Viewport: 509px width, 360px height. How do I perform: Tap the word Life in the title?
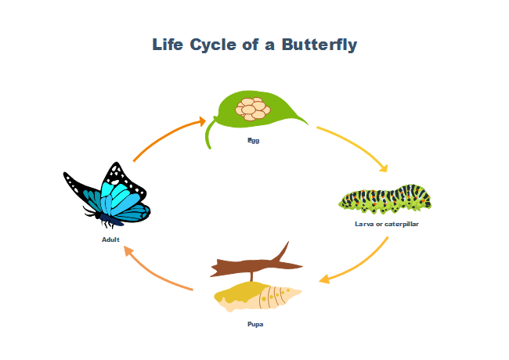pyautogui.click(x=170, y=45)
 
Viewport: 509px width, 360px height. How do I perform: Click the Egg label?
pyautogui.click(x=253, y=141)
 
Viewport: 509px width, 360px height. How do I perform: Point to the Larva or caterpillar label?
pyautogui.click(x=386, y=224)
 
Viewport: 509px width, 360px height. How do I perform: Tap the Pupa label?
pyautogui.click(x=255, y=324)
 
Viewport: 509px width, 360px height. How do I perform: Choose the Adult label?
pyautogui.click(x=110, y=239)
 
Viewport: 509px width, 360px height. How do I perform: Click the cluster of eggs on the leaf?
pyautogui.click(x=254, y=108)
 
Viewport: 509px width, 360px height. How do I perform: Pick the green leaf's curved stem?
pyautogui.click(x=208, y=138)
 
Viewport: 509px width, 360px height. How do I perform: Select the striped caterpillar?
pyautogui.click(x=385, y=200)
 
